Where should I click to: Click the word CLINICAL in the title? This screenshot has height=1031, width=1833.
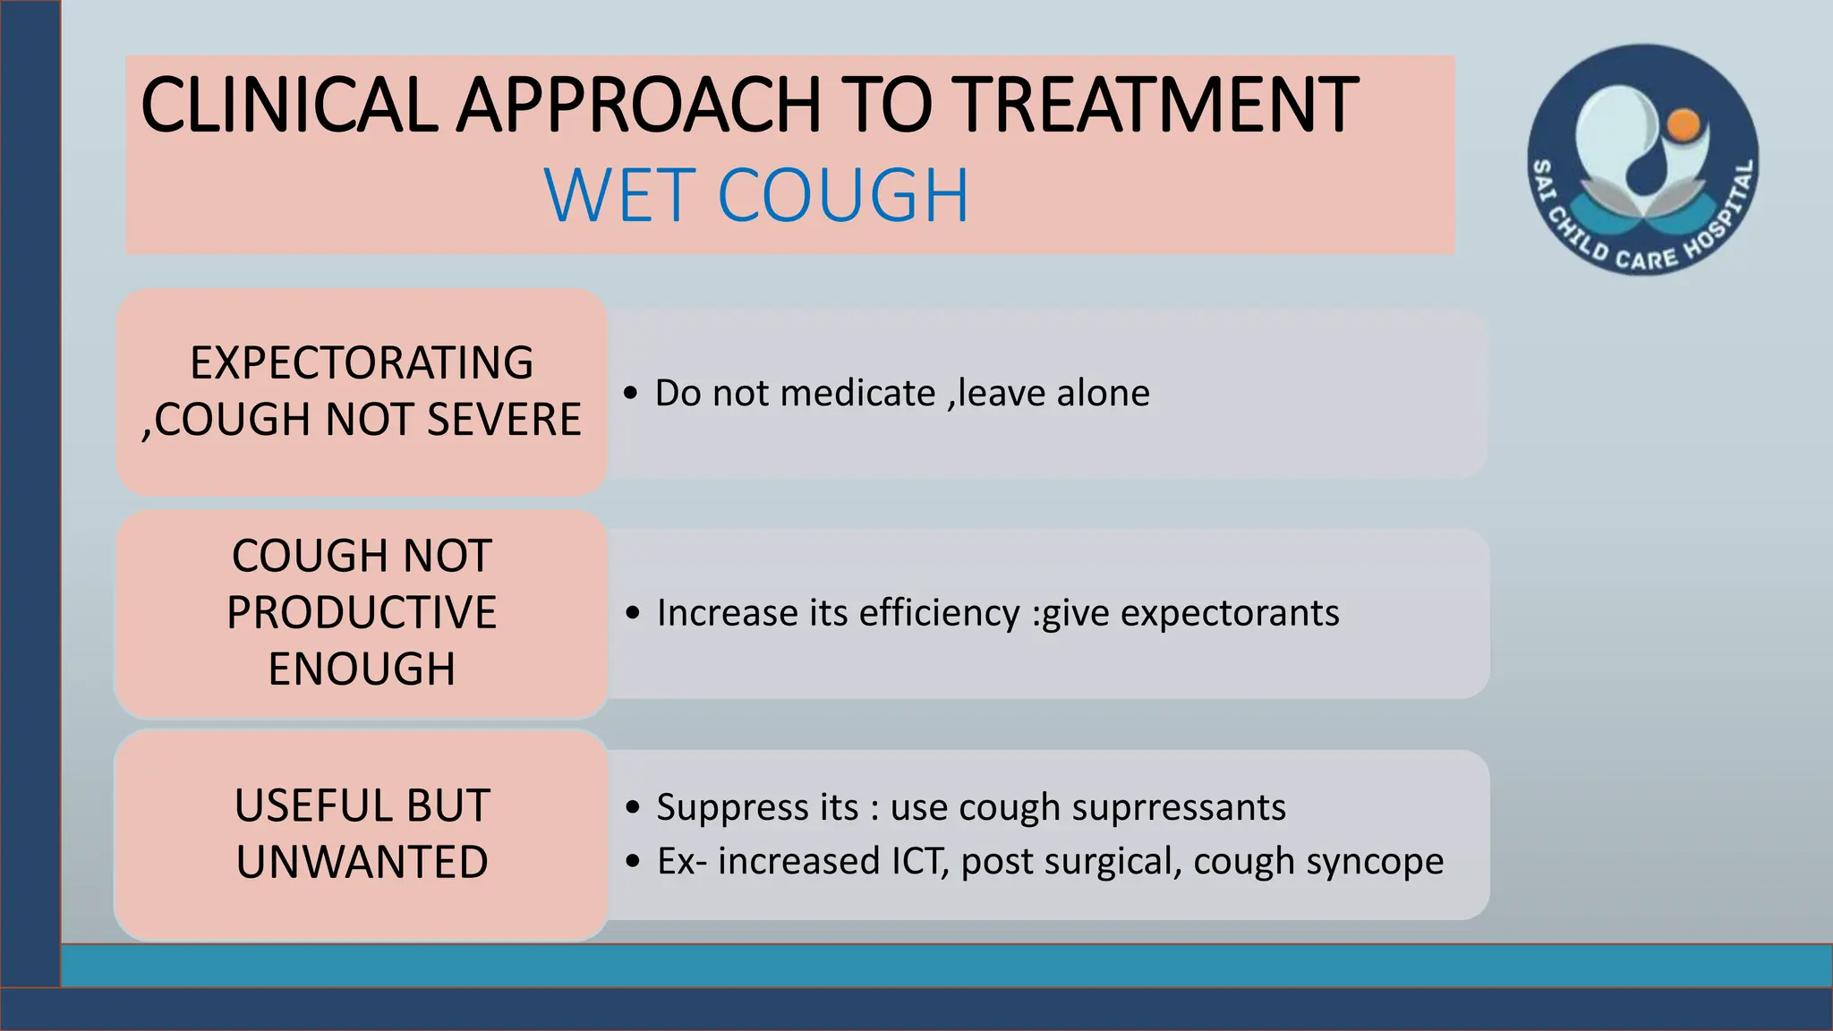pos(288,106)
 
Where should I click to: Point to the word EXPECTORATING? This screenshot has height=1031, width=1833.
pos(362,363)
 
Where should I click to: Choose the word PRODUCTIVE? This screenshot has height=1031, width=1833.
pos(362,613)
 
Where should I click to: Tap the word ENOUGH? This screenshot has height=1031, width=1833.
pos(362,669)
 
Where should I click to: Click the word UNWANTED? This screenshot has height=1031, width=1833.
pos(362,862)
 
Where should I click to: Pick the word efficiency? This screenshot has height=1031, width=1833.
pos(939,614)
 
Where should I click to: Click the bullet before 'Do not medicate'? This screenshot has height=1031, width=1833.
pos(632,393)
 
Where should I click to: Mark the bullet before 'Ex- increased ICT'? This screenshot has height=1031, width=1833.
pos(634,861)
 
